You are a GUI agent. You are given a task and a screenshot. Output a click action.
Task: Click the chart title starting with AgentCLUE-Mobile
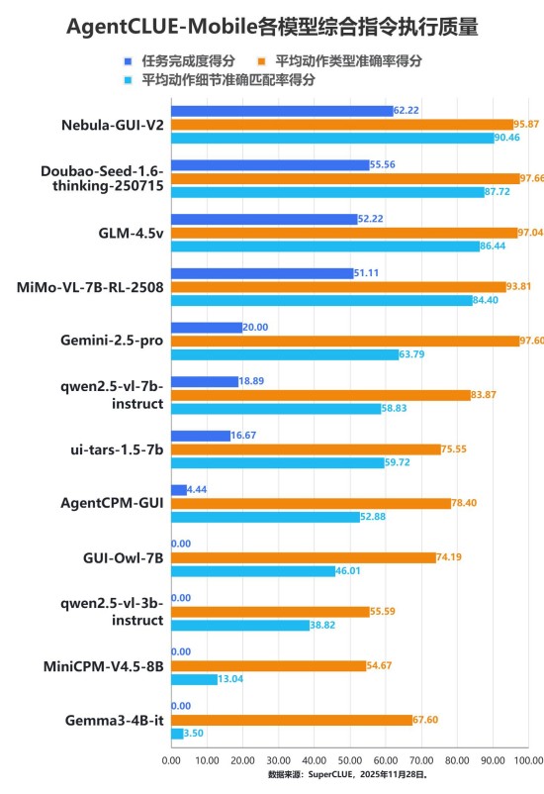272,27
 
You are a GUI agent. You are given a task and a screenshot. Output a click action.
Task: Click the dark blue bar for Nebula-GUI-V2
282,111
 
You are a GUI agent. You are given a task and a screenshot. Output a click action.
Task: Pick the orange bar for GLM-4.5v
344,233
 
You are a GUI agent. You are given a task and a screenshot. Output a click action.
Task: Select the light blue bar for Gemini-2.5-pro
285,354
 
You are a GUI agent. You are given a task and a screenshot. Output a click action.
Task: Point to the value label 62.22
407,111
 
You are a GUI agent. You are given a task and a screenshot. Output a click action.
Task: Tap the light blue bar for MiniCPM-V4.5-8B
194,679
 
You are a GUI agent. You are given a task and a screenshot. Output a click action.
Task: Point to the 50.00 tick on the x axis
349,760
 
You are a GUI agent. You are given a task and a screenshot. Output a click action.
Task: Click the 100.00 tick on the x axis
527,760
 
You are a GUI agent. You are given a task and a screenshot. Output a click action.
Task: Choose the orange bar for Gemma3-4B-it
292,720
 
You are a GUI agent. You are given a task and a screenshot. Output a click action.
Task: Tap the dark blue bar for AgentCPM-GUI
179,489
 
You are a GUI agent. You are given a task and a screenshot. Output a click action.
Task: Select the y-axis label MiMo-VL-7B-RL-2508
90,287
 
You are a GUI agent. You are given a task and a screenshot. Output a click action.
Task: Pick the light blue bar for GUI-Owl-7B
253,571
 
